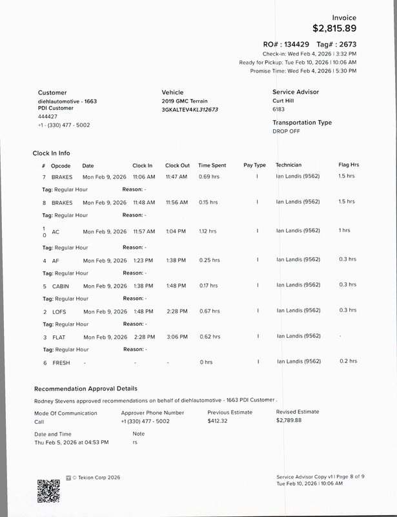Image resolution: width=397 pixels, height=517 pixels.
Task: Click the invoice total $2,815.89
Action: [334, 28]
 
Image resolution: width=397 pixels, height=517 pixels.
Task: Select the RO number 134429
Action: [289, 44]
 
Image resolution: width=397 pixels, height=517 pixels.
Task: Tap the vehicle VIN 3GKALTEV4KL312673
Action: [190, 110]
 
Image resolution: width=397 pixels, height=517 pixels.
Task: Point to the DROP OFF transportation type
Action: [287, 131]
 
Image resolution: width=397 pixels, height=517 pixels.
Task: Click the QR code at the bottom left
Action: [48, 491]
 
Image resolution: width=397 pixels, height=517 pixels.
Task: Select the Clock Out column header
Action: [178, 165]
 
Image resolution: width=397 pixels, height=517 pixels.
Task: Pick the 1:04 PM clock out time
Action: [176, 231]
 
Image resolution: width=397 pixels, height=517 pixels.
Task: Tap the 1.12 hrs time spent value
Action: [208, 231]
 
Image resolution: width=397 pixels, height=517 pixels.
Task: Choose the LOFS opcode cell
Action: [59, 311]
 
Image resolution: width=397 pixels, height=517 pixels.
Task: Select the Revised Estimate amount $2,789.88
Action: [289, 421]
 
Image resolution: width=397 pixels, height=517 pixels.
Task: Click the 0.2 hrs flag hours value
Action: [348, 361]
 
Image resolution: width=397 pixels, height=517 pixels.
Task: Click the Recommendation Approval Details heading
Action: [85, 389]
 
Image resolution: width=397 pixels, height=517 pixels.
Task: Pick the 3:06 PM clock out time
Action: [176, 337]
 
